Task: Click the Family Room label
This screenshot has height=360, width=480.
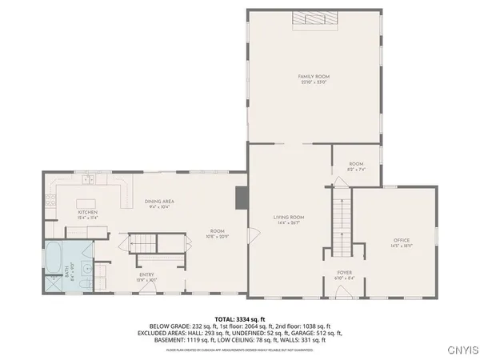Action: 314,78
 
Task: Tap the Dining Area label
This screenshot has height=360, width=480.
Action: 159,203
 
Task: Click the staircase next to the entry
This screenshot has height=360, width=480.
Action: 144,243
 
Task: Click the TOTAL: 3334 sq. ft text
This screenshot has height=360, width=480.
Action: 239,319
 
